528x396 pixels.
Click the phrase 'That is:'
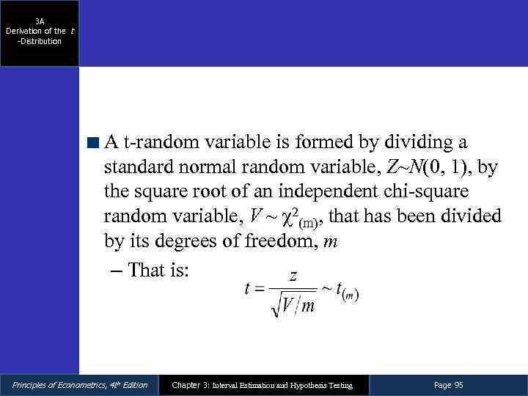(x=158, y=270)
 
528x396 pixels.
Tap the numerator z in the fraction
(x=293, y=276)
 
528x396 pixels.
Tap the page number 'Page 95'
(x=448, y=385)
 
